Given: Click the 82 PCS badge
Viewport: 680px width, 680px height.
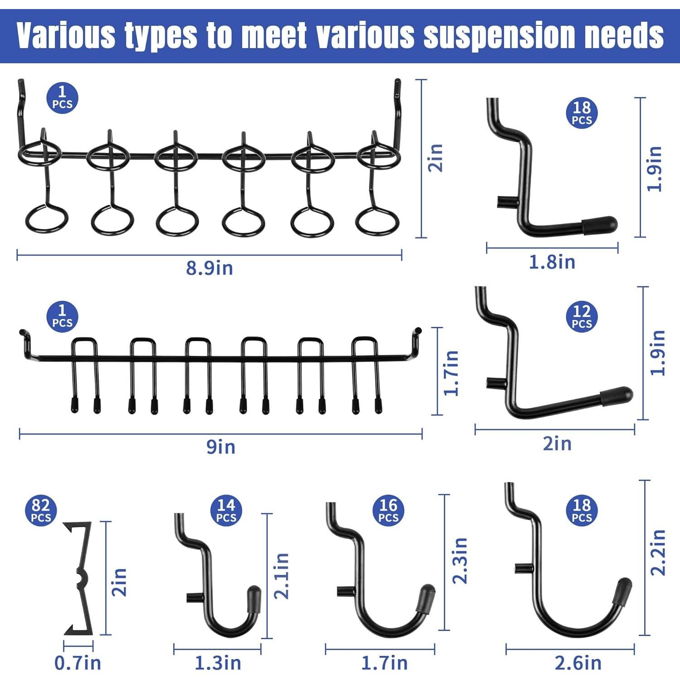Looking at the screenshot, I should click(x=41, y=510).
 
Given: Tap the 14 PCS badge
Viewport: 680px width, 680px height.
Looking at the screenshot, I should click(x=226, y=510).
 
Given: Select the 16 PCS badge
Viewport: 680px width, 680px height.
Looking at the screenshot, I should click(x=388, y=510).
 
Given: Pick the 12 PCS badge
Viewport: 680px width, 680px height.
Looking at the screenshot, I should click(x=582, y=316).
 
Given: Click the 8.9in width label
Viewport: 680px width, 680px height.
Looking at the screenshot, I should click(x=209, y=268).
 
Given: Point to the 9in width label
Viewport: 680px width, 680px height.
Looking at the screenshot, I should click(x=221, y=447).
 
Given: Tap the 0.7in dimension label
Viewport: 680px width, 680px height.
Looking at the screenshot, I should click(x=78, y=663).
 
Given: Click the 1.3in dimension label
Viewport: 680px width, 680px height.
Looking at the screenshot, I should click(x=218, y=663).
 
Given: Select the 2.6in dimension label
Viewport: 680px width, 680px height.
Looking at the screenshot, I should click(x=578, y=663).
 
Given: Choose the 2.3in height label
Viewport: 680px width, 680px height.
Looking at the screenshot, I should click(x=460, y=560).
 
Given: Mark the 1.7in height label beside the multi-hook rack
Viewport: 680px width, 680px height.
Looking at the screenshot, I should click(x=452, y=373).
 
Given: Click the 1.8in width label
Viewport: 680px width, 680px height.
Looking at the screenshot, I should click(x=552, y=262).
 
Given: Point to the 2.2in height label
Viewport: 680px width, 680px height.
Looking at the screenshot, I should click(x=658, y=552).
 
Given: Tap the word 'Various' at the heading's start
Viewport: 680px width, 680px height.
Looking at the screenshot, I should click(x=66, y=35).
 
